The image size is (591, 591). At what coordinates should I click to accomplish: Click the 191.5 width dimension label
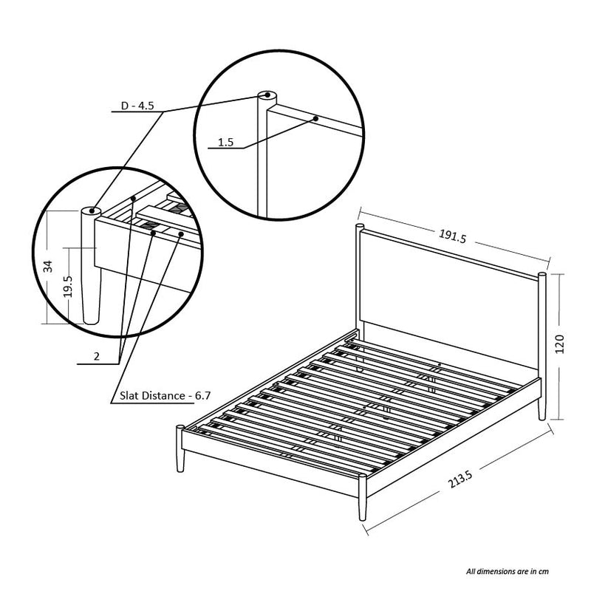click(452, 236)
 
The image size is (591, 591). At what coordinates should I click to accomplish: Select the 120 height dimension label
click(560, 344)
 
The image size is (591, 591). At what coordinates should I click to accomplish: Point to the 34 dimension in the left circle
click(48, 267)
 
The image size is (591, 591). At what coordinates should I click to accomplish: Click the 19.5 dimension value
click(68, 287)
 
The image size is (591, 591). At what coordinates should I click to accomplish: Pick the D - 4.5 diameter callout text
click(137, 106)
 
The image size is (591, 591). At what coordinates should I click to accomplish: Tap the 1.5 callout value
click(225, 143)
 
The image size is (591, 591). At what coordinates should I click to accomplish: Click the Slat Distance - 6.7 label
click(165, 396)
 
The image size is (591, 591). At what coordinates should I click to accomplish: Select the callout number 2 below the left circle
click(97, 356)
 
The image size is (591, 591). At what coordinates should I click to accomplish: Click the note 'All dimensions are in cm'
click(508, 571)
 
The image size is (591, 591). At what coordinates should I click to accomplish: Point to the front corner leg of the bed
click(362, 497)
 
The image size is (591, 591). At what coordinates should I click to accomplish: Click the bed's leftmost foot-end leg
click(180, 448)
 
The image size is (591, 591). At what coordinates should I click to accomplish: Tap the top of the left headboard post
click(360, 227)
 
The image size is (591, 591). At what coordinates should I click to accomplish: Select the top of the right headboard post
click(542, 274)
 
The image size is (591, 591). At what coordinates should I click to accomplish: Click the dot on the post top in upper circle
click(267, 95)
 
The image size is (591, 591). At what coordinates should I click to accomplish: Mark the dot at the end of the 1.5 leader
click(316, 119)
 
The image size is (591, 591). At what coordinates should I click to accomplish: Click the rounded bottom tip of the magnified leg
click(91, 321)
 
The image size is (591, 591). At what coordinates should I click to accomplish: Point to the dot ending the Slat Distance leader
click(181, 234)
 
